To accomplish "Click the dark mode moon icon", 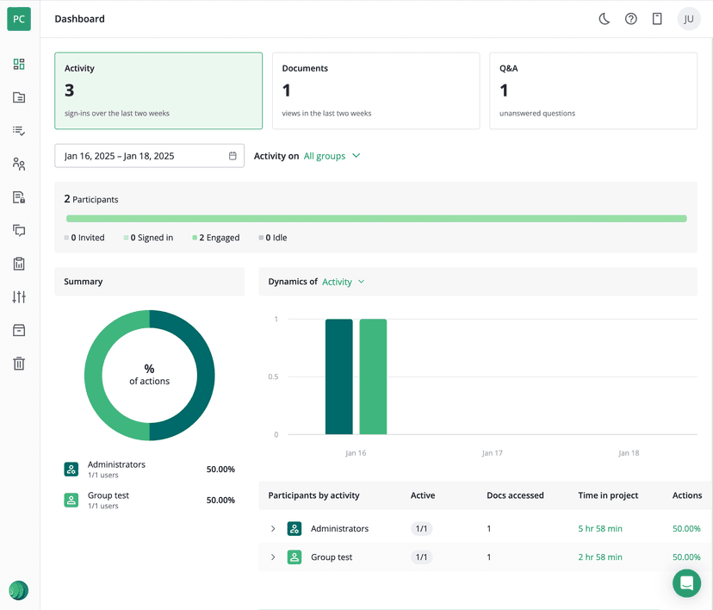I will click(604, 19).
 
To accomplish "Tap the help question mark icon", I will click(631, 19).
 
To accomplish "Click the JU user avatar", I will click(689, 19).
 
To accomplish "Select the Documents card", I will click(375, 90).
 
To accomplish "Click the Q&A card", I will click(592, 90).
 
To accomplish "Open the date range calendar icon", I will click(232, 156).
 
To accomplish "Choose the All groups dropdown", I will click(332, 156).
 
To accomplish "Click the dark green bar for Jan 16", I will click(338, 377).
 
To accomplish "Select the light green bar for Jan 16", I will click(373, 377).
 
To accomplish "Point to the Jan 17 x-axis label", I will click(493, 453).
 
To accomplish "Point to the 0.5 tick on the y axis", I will click(273, 377).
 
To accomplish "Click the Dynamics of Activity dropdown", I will click(343, 282).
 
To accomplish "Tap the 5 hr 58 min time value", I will click(599, 529).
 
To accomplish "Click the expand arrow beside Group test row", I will click(273, 557).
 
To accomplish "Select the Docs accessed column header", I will click(515, 495).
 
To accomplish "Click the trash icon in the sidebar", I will click(19, 364).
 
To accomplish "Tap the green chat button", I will click(686, 583).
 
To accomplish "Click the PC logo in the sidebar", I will click(19, 19).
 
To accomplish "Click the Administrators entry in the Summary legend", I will click(116, 465).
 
